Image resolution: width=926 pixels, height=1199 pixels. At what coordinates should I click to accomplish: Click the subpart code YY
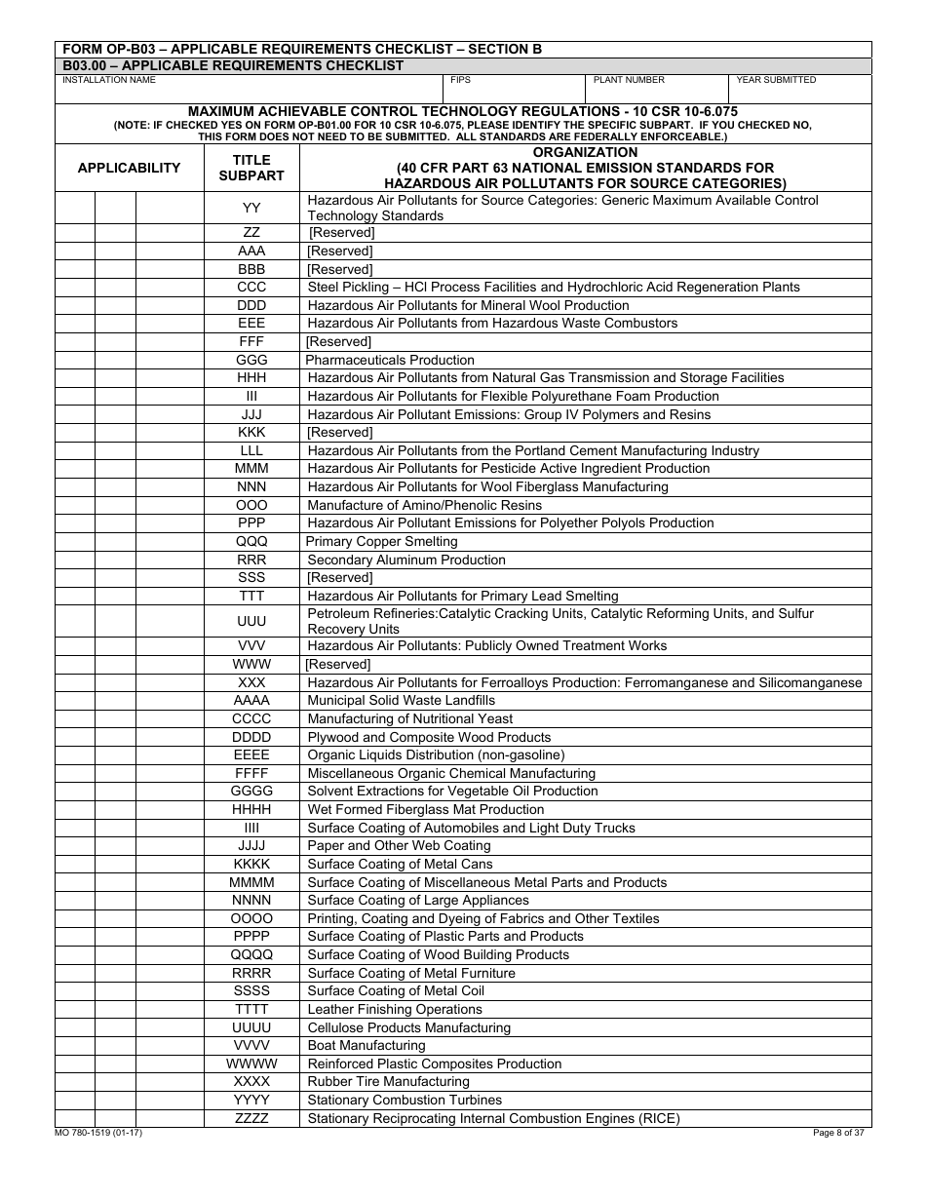tap(251, 208)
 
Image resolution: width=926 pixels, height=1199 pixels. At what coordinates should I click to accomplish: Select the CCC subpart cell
tap(251, 288)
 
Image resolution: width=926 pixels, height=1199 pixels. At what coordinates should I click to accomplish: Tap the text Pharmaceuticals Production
tap(390, 360)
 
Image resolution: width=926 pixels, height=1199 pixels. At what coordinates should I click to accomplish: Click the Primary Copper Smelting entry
tap(381, 541)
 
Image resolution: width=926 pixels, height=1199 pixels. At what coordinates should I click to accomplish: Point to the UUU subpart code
tap(251, 621)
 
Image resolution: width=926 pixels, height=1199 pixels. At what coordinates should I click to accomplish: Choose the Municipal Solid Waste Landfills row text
tap(402, 700)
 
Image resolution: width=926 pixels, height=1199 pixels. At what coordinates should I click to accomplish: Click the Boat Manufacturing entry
tap(367, 1046)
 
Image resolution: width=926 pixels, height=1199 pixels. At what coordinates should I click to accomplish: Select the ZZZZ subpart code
tap(251, 1118)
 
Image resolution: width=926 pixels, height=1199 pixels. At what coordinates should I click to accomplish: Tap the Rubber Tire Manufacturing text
tap(388, 1082)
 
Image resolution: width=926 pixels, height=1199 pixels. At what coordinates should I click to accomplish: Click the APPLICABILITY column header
tap(129, 168)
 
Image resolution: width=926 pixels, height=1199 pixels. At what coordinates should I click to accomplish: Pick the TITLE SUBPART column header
tap(251, 168)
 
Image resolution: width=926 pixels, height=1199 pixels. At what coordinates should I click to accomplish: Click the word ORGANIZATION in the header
tap(585, 153)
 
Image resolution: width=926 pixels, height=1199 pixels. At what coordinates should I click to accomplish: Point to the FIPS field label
tap(460, 80)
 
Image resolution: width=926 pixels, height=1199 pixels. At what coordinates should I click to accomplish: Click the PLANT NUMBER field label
tap(629, 80)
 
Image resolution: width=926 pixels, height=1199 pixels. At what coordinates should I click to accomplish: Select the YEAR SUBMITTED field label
tap(776, 80)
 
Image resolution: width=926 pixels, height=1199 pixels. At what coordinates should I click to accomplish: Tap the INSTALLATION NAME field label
tap(109, 80)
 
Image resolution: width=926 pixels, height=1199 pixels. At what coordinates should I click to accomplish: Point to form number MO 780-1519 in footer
tap(98, 1133)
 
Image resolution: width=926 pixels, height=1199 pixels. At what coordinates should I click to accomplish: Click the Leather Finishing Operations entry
tap(395, 1010)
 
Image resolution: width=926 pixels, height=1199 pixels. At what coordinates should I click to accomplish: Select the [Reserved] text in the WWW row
tap(338, 664)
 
